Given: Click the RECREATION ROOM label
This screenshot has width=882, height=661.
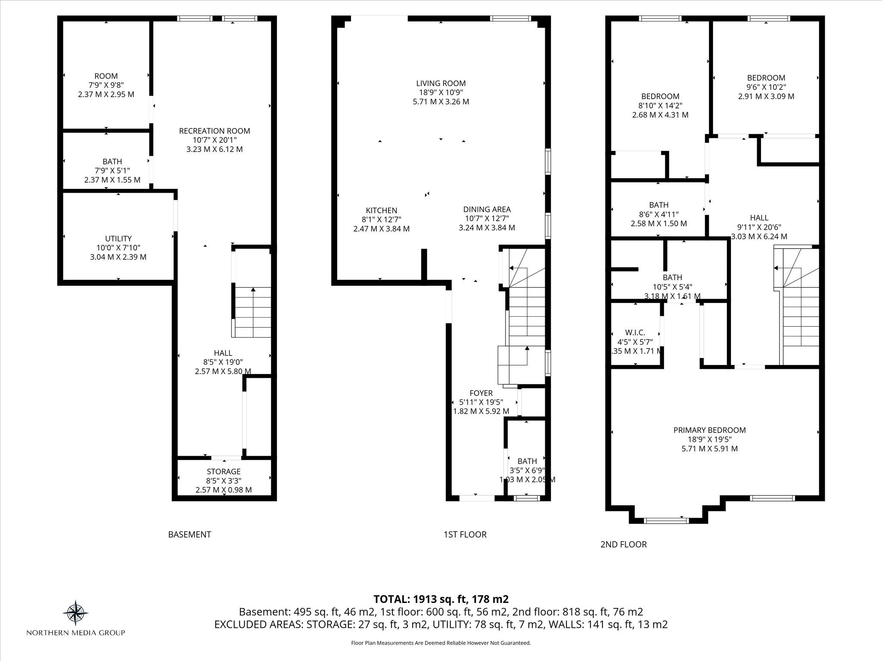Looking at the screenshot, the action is pos(214,131).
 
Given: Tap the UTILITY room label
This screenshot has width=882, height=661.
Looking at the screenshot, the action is pos(118,238).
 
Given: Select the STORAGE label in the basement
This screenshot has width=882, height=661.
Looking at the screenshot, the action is pos(224,472).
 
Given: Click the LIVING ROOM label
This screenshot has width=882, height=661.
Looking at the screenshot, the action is pos(441,83).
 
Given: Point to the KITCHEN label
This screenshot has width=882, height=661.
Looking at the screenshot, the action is pos(382,210).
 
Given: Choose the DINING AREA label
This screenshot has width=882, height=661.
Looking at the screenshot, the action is pos(487,210).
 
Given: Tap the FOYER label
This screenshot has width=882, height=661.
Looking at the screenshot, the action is pos(481,393).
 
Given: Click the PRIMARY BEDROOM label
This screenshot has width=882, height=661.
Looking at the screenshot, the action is pos(710,430).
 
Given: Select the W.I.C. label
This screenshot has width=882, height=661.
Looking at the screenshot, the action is pos(635,333).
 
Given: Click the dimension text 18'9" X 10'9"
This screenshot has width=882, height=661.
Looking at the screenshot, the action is pos(441,93).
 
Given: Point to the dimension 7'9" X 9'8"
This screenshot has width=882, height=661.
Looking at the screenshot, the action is pos(106,85).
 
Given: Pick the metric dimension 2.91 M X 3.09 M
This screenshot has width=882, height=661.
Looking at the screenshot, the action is pos(766,96).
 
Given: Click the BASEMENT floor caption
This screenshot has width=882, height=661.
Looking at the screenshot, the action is pos(189,534).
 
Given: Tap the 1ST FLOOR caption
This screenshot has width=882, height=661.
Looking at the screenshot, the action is pos(465,534).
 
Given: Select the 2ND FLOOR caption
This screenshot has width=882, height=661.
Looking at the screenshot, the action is pos(624,544).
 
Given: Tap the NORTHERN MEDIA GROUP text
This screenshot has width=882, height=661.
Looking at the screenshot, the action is pos(76,633).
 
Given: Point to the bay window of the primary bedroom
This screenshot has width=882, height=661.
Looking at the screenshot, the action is pos(666,520).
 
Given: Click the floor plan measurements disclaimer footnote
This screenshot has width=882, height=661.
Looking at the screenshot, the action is pos(441,643).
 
